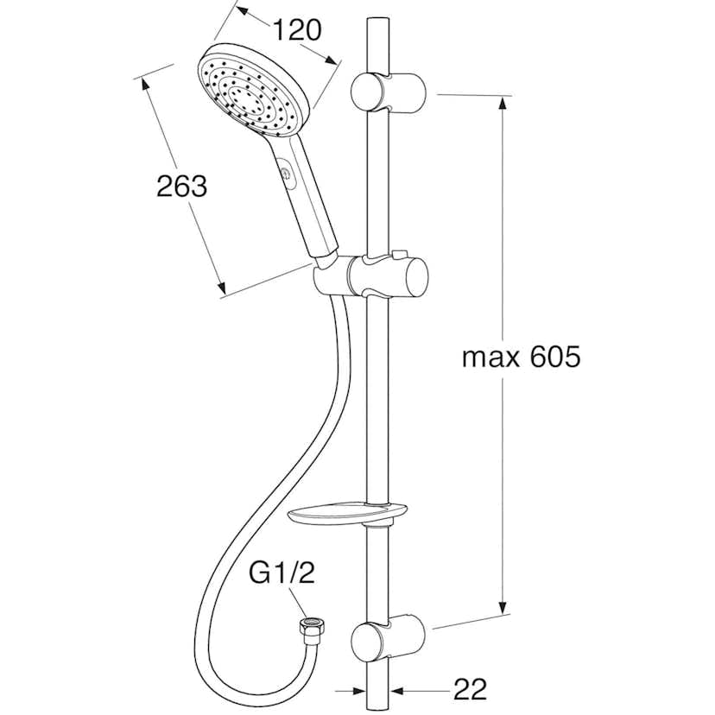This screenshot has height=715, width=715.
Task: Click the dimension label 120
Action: click(x=297, y=30)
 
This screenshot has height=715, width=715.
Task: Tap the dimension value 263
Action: click(x=181, y=186)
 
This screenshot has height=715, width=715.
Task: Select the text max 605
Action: click(x=521, y=357)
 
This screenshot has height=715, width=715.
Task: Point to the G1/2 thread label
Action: click(x=282, y=573)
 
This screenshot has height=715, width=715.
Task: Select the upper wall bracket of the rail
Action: click(x=388, y=92)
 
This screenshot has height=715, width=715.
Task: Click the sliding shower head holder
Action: click(x=371, y=276)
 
